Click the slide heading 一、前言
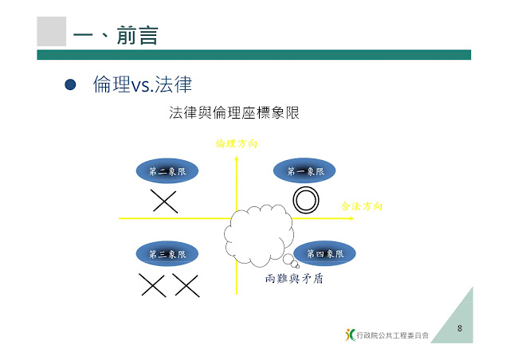(115, 35)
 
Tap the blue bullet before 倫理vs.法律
(69, 84)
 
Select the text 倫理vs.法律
(143, 84)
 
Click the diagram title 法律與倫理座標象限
(233, 113)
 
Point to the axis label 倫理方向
(237, 144)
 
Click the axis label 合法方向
(362, 205)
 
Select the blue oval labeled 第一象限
(305, 170)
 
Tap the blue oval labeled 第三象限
(167, 254)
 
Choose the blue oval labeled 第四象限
(325, 253)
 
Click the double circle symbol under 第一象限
(305, 200)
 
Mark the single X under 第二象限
(164, 201)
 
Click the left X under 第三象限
(151, 284)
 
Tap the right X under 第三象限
(186, 284)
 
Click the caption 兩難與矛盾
(294, 280)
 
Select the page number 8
(460, 327)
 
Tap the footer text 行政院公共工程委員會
(393, 335)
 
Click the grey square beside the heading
(52, 31)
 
